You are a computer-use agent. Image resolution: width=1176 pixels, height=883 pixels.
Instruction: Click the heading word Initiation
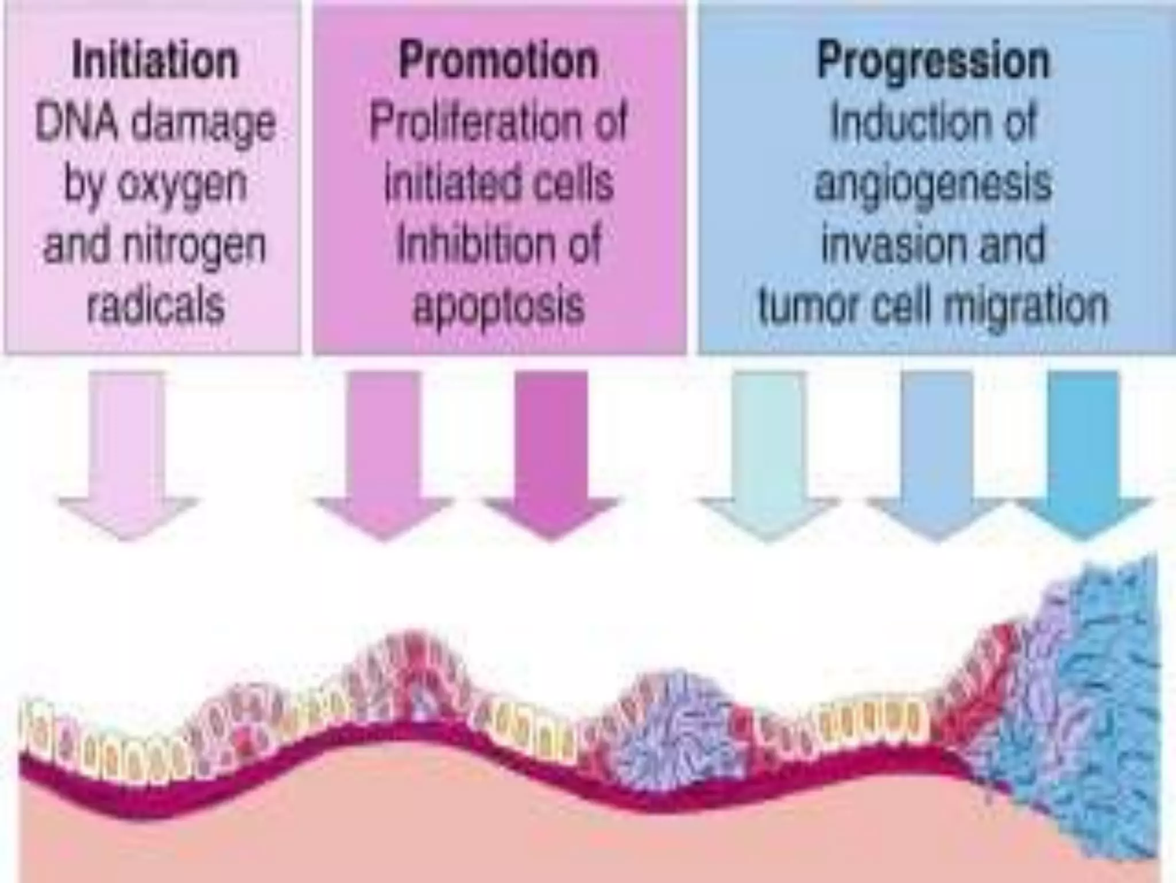154,60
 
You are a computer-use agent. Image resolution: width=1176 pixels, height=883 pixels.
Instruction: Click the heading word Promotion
498,60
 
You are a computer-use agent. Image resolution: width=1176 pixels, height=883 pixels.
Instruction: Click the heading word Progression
933,60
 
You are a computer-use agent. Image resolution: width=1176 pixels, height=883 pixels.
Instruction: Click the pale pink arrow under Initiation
127,454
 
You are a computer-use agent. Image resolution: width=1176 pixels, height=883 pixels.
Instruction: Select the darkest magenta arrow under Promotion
551,454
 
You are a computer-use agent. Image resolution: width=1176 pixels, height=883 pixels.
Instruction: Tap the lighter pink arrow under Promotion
384,454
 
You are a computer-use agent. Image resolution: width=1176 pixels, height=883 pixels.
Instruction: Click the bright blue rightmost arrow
1084,454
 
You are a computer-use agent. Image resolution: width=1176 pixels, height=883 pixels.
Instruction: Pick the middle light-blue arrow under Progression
936,454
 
